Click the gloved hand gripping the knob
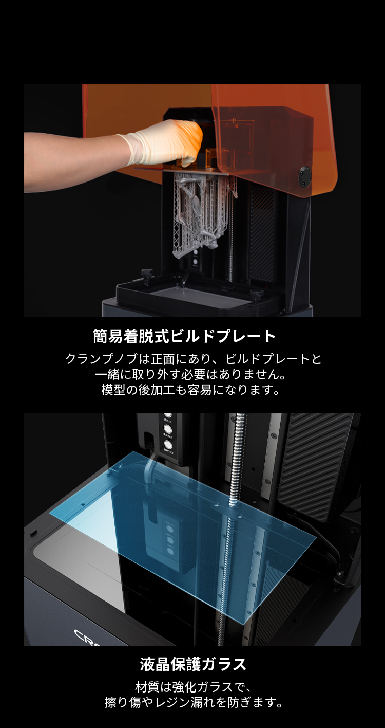(169, 141)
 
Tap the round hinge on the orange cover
(305, 177)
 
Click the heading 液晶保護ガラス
(193, 664)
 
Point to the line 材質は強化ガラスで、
(192, 687)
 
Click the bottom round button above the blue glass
(167, 444)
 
